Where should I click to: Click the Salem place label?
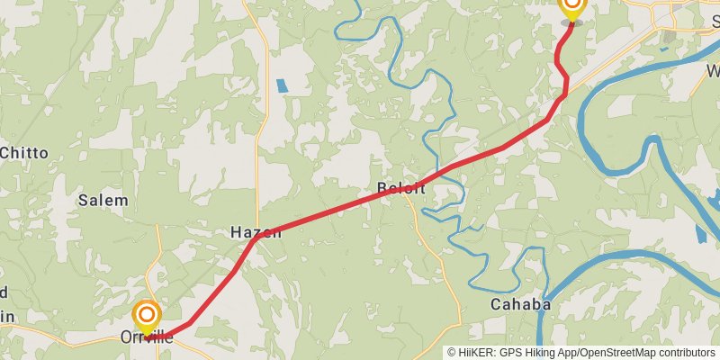tap(103, 200)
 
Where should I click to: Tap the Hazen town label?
tap(256, 232)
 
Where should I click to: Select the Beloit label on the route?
tap(400, 188)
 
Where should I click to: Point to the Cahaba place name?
tap(520, 304)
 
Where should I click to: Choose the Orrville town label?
tap(146, 337)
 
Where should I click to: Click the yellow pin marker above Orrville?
tap(147, 317)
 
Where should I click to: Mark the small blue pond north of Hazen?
tap(282, 85)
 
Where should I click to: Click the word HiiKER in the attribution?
tap(476, 353)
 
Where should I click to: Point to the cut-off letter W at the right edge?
tap(713, 70)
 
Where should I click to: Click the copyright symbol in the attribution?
tap(452, 353)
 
